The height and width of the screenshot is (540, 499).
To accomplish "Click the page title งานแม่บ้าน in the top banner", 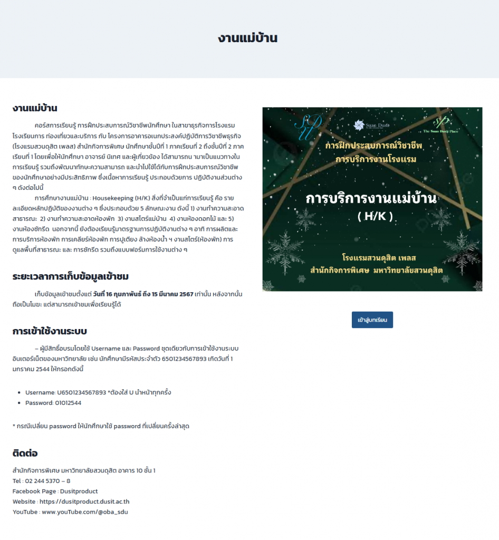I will (x=247, y=38).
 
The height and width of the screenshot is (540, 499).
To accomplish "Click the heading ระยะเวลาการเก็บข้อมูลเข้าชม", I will (x=71, y=276).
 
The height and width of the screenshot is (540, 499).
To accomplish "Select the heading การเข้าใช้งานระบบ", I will (x=50, y=331).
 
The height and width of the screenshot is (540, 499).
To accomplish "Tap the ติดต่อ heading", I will (x=25, y=453).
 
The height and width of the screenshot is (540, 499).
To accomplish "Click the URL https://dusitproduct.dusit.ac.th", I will (x=84, y=502).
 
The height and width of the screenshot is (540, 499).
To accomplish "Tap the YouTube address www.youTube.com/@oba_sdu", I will (x=85, y=512).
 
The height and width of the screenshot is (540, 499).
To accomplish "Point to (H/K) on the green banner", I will (x=375, y=217).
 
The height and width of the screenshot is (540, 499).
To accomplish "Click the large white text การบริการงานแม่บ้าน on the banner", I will (x=372, y=199).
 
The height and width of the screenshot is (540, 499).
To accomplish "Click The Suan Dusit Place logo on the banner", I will (x=443, y=125).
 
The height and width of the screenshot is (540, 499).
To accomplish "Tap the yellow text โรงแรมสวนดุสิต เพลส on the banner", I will (x=379, y=258).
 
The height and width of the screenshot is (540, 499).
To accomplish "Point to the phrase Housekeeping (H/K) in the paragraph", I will (x=121, y=198).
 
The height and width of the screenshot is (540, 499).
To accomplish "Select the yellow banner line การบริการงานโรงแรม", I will (x=376, y=159).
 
